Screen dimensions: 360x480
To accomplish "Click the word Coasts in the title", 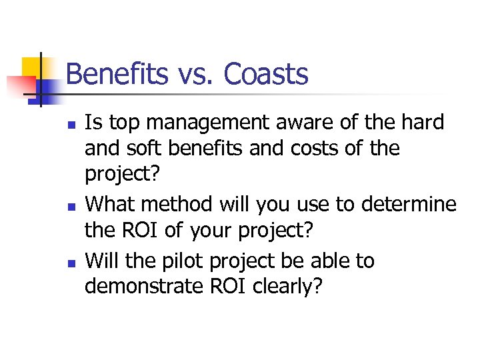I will pyautogui.click(x=266, y=74).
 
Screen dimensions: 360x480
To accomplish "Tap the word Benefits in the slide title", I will pyautogui.click(x=117, y=74).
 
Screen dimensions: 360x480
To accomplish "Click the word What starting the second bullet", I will pyautogui.click(x=111, y=204).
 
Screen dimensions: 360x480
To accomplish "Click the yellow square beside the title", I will pyautogui.click(x=29, y=67).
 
